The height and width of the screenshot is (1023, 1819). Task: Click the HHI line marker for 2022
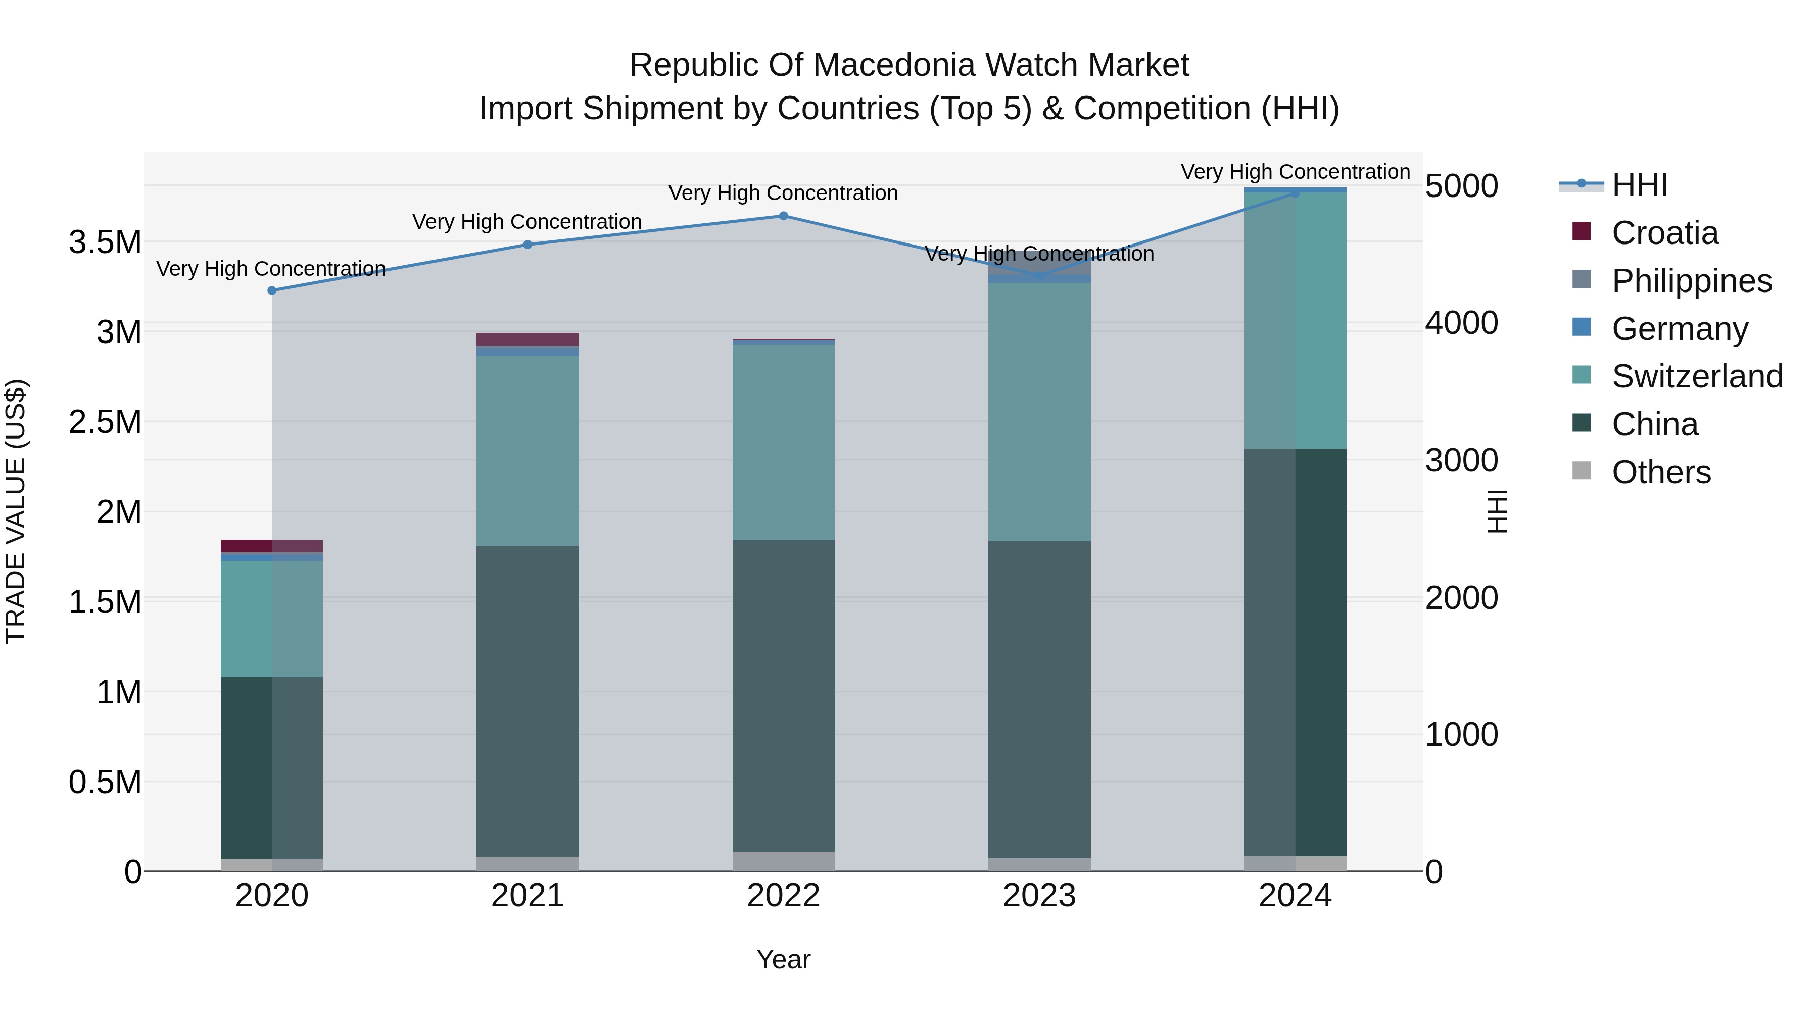pyautogui.click(x=783, y=216)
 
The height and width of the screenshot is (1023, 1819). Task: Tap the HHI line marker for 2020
pyautogui.click(x=272, y=290)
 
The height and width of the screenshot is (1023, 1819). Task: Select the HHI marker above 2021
pyautogui.click(x=528, y=245)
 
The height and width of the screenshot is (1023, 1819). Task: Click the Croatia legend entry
pyautogui.click(x=1664, y=233)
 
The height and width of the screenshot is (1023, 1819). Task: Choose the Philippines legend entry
pyautogui.click(x=1691, y=281)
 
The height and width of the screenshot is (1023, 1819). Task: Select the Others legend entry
pyautogui.click(x=1661, y=472)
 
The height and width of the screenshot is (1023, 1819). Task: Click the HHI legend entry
pyautogui.click(x=1639, y=185)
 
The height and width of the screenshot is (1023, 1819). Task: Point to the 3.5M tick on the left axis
pyautogui.click(x=105, y=242)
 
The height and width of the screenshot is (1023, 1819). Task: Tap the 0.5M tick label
pyautogui.click(x=105, y=782)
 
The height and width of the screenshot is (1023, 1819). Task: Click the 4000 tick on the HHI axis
pyautogui.click(x=1461, y=323)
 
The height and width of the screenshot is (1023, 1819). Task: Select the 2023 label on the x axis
pyautogui.click(x=1039, y=896)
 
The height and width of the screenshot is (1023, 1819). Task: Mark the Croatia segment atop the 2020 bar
pyautogui.click(x=272, y=546)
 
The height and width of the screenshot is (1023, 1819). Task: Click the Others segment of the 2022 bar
pyautogui.click(x=783, y=861)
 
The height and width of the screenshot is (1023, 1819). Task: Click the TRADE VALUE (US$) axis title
pyautogui.click(x=16, y=511)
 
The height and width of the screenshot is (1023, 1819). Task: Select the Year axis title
pyautogui.click(x=783, y=959)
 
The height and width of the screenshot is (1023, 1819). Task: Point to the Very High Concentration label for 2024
pyautogui.click(x=1295, y=172)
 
